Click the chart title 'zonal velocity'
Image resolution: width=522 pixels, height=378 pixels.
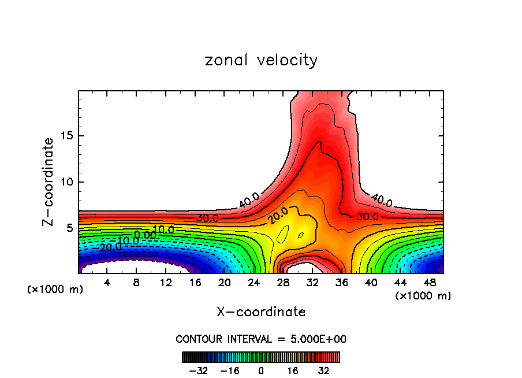coord(261,60)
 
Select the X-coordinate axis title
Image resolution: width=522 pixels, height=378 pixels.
coord(261,312)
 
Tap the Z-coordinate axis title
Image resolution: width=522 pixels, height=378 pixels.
coord(49,181)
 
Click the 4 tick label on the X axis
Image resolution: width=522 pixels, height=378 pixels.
coord(107,283)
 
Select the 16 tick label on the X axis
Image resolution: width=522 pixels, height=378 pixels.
coord(195,283)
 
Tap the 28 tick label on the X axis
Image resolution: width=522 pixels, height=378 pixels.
coord(283,283)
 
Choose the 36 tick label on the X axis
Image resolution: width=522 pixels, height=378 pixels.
coord(342,283)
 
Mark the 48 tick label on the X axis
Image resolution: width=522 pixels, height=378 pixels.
coord(430,283)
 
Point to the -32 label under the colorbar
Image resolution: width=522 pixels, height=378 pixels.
coord(199,370)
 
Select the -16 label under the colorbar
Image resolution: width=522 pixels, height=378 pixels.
coord(230,370)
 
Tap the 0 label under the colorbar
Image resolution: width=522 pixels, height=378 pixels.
coord(261,370)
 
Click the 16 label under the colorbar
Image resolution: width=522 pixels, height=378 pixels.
coord(292,370)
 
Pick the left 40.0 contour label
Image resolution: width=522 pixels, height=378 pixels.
coord(249,201)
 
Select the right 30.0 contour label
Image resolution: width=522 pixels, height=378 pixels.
coord(367,216)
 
